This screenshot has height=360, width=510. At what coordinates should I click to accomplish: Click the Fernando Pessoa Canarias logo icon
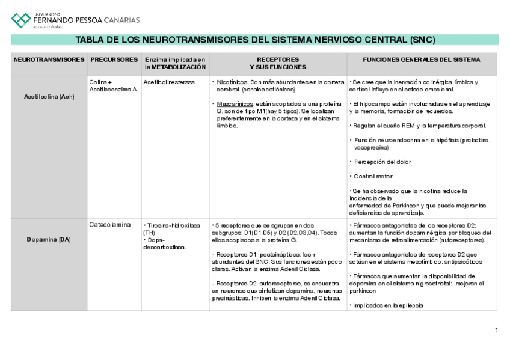[x=21, y=20]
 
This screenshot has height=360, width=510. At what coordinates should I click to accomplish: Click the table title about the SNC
[x=254, y=40]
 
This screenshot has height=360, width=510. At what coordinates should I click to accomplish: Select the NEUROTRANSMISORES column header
[x=49, y=60]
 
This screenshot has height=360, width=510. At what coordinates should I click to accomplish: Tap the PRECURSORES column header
[x=114, y=60]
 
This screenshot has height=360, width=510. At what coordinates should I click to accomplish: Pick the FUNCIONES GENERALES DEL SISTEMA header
[x=421, y=60]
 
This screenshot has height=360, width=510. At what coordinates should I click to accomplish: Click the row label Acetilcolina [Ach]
[x=49, y=96]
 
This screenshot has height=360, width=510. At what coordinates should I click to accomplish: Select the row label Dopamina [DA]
[x=49, y=240]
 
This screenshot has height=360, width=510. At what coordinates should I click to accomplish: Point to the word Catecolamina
[x=110, y=225]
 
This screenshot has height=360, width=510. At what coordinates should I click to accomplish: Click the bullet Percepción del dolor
[x=382, y=162]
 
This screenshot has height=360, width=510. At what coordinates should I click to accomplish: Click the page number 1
[x=496, y=330]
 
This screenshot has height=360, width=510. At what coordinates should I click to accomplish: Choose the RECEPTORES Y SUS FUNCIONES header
[x=277, y=64]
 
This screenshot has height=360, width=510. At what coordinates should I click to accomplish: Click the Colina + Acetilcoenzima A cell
[x=112, y=85]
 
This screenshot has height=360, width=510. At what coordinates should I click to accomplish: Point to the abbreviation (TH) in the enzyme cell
[x=149, y=233]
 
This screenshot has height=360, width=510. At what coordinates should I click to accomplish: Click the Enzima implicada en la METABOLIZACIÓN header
[x=174, y=64]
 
